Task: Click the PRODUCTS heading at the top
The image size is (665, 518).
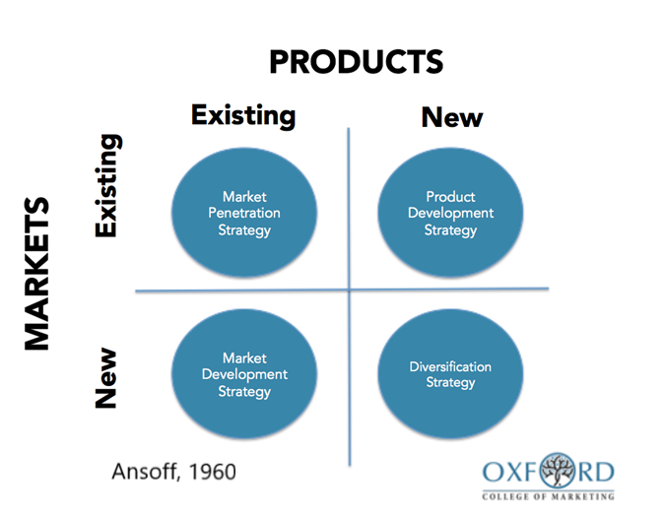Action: click(357, 62)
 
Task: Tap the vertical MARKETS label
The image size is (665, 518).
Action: click(36, 274)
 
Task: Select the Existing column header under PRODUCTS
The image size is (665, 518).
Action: click(243, 116)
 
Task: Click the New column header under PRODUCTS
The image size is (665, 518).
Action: click(452, 117)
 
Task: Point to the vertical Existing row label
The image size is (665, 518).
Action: click(106, 185)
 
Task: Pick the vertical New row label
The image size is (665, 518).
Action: click(105, 378)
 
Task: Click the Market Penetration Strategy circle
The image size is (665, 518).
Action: click(244, 213)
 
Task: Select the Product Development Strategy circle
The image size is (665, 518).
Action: click(450, 213)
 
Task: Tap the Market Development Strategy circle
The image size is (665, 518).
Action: click(244, 374)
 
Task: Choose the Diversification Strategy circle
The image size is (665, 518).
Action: click(450, 374)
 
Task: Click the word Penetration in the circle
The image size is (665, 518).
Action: click(244, 213)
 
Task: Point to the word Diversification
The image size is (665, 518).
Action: click(450, 366)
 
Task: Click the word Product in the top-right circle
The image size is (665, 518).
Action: click(450, 197)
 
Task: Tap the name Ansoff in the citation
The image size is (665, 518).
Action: click(144, 472)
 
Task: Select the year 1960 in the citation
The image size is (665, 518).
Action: click(212, 472)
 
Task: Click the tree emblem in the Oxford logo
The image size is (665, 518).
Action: click(558, 470)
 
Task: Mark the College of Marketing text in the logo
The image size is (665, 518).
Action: click(548, 496)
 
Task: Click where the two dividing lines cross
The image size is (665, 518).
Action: click(349, 291)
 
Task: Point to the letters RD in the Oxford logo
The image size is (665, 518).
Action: click(595, 472)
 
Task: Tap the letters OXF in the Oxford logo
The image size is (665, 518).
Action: click(511, 472)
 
